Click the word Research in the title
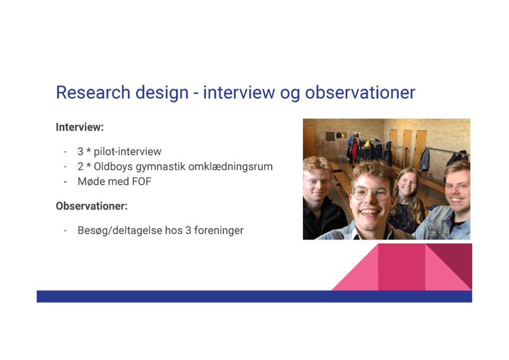point(93,92)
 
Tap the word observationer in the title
point(360,92)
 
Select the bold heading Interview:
point(80,127)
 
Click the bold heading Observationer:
point(92,206)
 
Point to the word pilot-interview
point(127,152)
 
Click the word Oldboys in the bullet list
point(113,167)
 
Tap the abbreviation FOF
point(142,181)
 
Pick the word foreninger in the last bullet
point(219,231)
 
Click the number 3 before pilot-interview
point(81,152)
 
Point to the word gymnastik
point(161,167)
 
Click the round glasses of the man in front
point(371,192)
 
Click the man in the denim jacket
point(450,202)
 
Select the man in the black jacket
point(321,198)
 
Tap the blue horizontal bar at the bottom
point(254,297)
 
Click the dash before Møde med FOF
point(65,182)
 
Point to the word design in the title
point(162,93)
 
